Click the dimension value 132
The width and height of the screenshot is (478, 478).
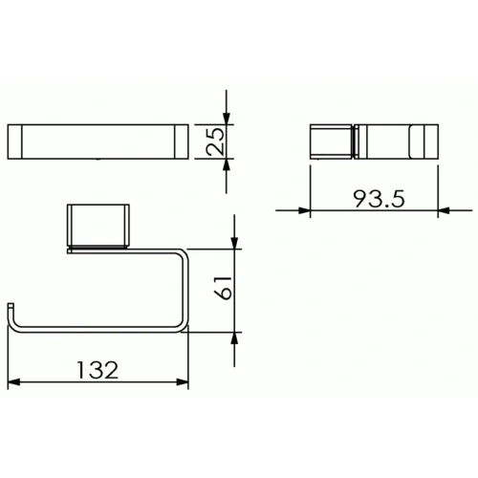pyautogui.click(x=98, y=369)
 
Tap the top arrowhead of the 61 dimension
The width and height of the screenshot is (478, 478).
pyautogui.click(x=234, y=246)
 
